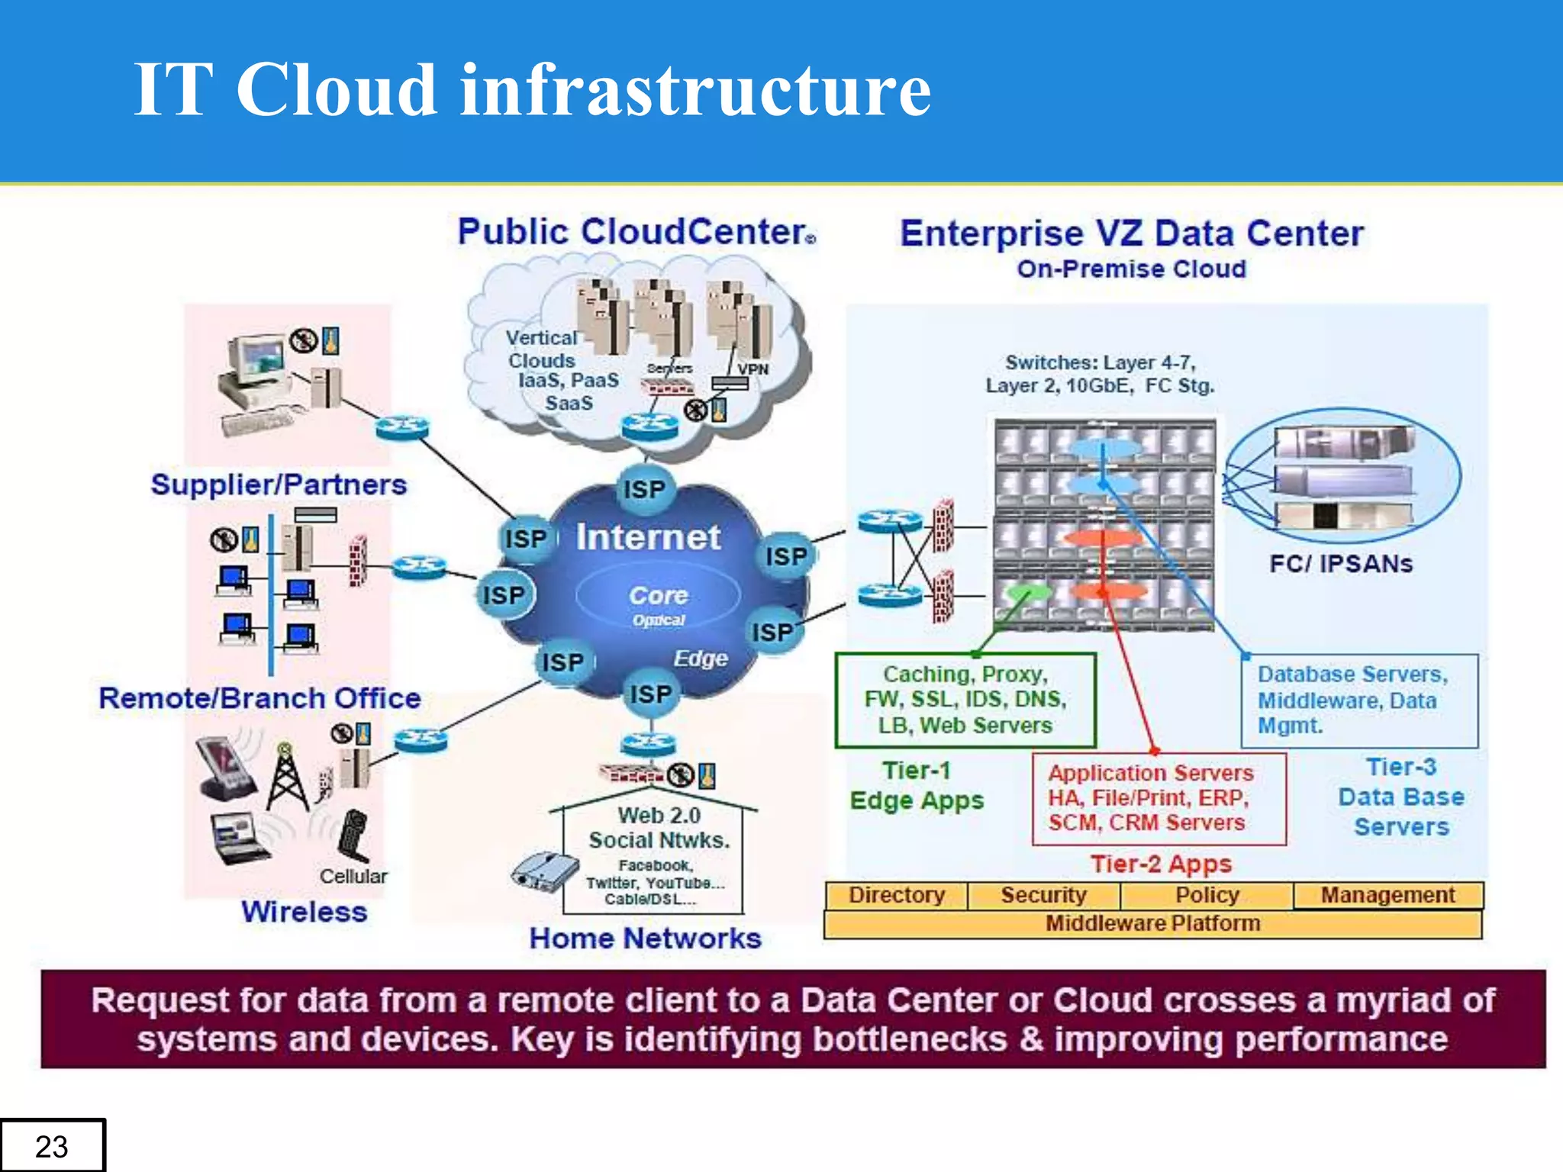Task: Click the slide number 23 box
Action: (x=52, y=1145)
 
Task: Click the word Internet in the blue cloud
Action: (x=648, y=537)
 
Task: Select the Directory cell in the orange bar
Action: (x=897, y=895)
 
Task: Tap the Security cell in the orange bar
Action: (x=1043, y=895)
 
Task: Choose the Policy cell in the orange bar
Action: (x=1207, y=895)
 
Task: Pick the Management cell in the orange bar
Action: (x=1387, y=895)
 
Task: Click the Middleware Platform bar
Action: (x=1152, y=924)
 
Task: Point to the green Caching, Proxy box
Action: (x=965, y=700)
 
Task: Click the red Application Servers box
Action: (x=1159, y=798)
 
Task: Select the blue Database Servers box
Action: (x=1359, y=700)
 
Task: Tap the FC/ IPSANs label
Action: (x=1341, y=564)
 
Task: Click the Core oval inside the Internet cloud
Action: (x=658, y=597)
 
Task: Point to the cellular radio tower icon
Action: (x=288, y=778)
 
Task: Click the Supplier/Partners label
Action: (x=279, y=485)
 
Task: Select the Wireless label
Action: (x=304, y=912)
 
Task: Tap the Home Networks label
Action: (x=646, y=939)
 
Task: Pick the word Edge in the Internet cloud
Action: (x=701, y=658)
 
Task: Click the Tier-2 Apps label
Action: (x=1161, y=864)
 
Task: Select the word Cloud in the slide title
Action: (x=337, y=89)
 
